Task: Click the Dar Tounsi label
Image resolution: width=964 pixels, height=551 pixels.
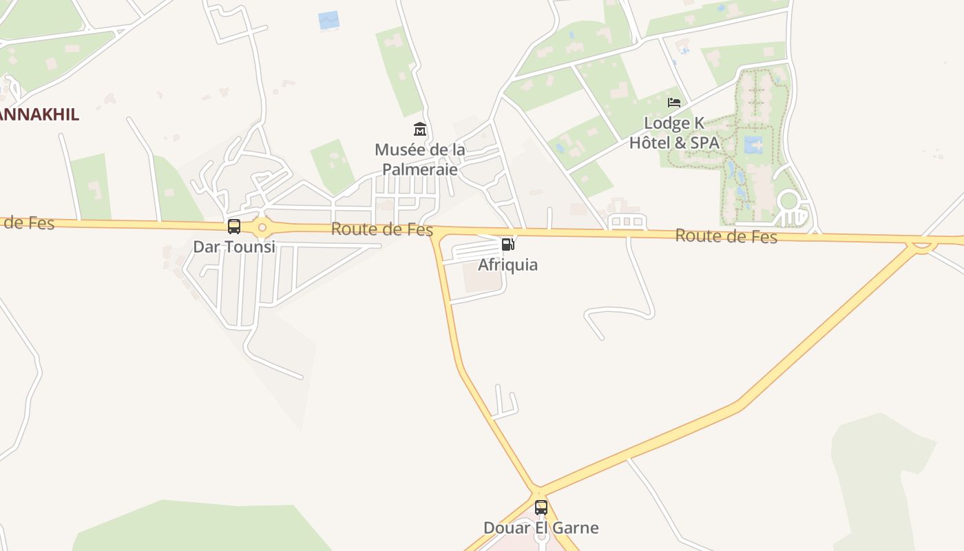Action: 234,247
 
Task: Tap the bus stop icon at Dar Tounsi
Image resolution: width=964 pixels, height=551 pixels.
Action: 234,227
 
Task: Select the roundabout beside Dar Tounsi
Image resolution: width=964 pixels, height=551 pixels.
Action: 262,227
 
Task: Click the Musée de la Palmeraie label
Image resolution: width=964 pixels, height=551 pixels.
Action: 419,158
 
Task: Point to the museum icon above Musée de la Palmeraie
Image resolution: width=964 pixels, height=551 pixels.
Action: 419,129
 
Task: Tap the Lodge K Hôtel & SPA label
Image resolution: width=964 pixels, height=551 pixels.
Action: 674,133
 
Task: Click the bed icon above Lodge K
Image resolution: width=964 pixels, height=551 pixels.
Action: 674,103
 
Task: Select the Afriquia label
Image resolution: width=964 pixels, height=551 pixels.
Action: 507,264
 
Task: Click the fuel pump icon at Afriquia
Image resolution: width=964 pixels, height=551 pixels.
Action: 507,244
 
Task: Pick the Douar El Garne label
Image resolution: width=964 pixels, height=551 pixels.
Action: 541,528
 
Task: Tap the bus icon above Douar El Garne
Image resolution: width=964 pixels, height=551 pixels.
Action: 541,508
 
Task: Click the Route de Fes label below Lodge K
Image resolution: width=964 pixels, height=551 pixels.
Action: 726,236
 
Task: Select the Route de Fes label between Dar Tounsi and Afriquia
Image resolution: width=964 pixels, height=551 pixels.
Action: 381,229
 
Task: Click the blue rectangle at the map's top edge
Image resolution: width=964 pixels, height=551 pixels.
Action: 329,20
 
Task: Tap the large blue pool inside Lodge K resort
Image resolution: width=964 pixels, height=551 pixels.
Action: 753,145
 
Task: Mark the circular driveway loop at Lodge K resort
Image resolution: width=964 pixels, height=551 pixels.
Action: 788,201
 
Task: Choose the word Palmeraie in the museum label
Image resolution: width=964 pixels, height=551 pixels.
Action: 419,168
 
